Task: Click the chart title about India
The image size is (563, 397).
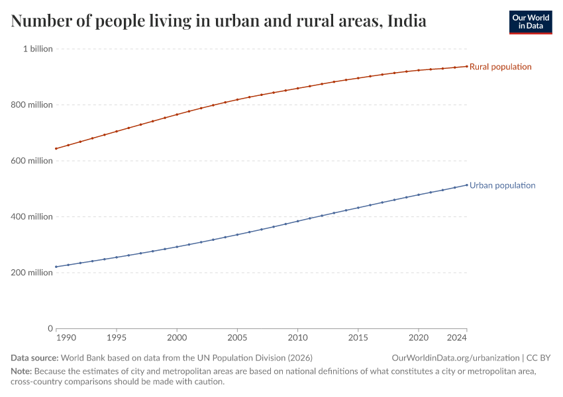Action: tap(219, 21)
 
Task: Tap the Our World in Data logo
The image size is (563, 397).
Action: tap(530, 22)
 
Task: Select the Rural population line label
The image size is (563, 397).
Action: tap(500, 67)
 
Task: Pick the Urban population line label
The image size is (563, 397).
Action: tap(502, 186)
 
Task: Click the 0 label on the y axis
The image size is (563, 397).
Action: tap(50, 328)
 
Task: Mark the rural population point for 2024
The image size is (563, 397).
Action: tap(467, 66)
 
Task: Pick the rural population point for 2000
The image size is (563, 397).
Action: tap(177, 114)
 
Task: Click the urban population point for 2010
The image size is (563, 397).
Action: tap(297, 221)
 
